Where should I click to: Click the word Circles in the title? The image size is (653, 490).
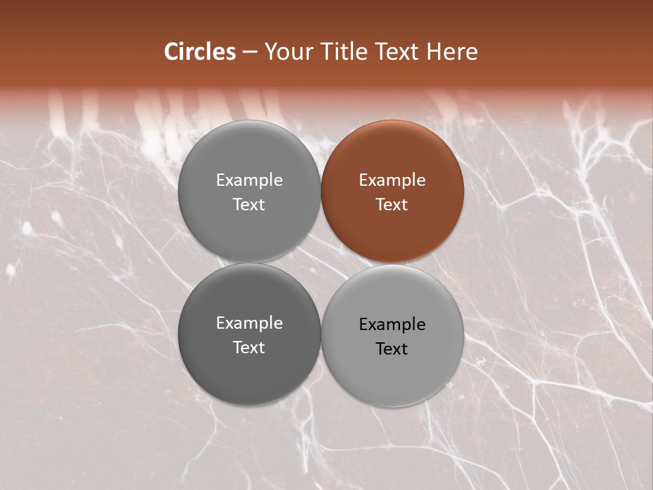[x=200, y=52]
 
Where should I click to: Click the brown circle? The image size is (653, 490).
[x=392, y=191]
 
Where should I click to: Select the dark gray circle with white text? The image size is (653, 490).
[x=249, y=334]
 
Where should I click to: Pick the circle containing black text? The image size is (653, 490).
[x=392, y=336]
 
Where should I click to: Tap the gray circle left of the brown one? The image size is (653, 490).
[x=249, y=191]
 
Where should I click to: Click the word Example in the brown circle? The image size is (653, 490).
[x=392, y=180]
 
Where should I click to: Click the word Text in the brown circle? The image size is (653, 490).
[x=392, y=204]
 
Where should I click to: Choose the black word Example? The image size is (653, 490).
[x=392, y=325]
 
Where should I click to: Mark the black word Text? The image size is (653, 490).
[x=392, y=349]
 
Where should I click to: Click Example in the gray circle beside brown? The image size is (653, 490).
[x=249, y=180]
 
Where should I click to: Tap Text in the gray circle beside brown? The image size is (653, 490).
[x=249, y=204]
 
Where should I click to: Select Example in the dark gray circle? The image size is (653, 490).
[x=249, y=323]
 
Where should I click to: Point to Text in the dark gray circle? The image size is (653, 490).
[x=249, y=348]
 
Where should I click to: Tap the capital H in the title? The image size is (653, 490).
[x=435, y=52]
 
